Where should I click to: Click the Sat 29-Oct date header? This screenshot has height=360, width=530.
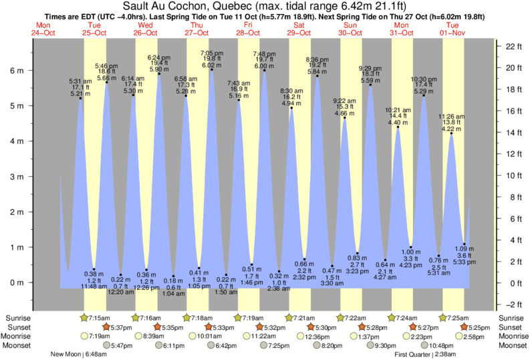(298, 29)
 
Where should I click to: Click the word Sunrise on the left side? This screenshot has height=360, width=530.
(17, 317)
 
